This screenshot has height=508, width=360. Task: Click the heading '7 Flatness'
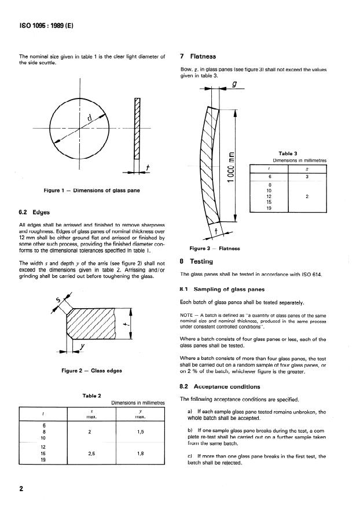[x=198, y=56]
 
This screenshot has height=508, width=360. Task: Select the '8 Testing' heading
[x=197, y=261]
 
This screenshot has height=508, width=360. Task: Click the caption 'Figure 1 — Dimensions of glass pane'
[x=91, y=191]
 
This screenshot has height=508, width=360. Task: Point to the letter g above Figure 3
[x=234, y=84]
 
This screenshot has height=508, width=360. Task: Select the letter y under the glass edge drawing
[x=82, y=347]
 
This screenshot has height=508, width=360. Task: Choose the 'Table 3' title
[x=288, y=153]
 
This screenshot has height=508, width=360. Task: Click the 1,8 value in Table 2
[x=140, y=454]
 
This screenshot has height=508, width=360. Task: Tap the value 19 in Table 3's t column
[x=269, y=209]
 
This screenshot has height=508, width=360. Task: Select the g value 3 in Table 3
[x=307, y=177]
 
